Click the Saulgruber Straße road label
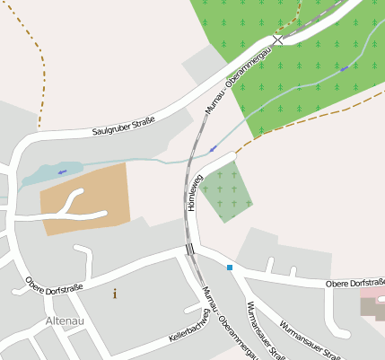pos(124,127)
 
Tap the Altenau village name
pos(64,320)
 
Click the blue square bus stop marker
pos(230,268)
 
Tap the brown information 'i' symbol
pos(114,294)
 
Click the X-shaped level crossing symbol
pos(278,40)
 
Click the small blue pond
pos(49,172)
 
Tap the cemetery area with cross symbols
pos(226,190)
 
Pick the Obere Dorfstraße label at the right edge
pos(354,284)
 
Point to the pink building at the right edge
pos(372,306)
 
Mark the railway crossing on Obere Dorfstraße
pos(189,249)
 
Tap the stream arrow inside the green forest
pos(344,68)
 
